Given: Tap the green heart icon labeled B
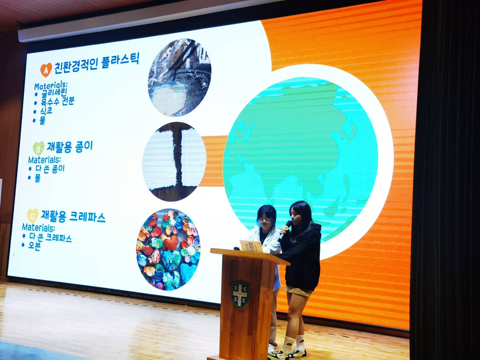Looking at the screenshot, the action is click(x=39, y=148).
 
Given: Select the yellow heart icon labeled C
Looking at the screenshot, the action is click(x=33, y=216).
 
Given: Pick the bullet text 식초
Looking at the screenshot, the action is click(x=46, y=111).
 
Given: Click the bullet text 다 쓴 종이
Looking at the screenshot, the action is click(x=50, y=168).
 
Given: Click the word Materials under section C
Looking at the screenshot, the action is click(x=38, y=227).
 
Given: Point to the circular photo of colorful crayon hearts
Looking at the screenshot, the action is click(x=169, y=250).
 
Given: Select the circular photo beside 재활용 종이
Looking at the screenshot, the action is click(x=174, y=162).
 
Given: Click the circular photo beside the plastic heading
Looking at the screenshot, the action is click(x=179, y=78).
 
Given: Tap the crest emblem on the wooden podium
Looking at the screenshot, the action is click(x=241, y=294).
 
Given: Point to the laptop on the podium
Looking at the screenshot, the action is click(x=250, y=246).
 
